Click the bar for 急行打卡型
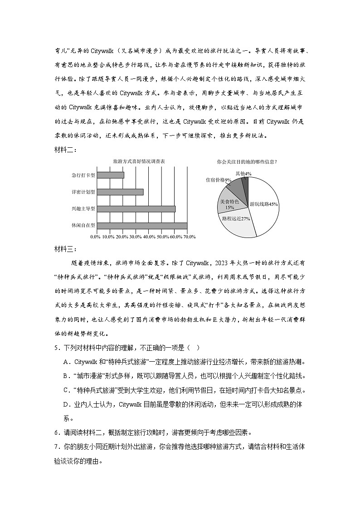point(111,175)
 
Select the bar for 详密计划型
point(120,192)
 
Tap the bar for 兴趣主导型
point(136,208)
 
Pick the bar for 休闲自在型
point(142,225)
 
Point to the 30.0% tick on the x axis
point(135,237)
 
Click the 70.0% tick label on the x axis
point(189,237)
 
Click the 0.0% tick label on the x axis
point(95,237)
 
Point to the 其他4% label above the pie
point(243,174)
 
